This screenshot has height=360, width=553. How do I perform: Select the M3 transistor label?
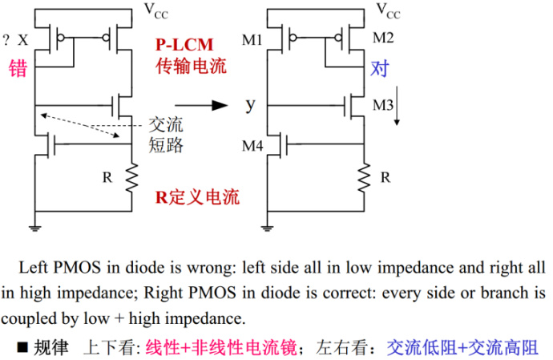click(x=381, y=104)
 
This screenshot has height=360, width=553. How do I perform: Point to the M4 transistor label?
click(x=253, y=145)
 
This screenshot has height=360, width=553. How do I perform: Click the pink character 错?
click(x=17, y=68)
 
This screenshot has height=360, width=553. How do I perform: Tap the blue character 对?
click(x=378, y=68)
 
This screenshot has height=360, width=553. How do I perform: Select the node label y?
click(x=250, y=104)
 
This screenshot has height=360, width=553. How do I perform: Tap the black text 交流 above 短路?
click(x=167, y=126)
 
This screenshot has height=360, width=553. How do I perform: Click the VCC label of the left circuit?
click(x=156, y=10)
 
